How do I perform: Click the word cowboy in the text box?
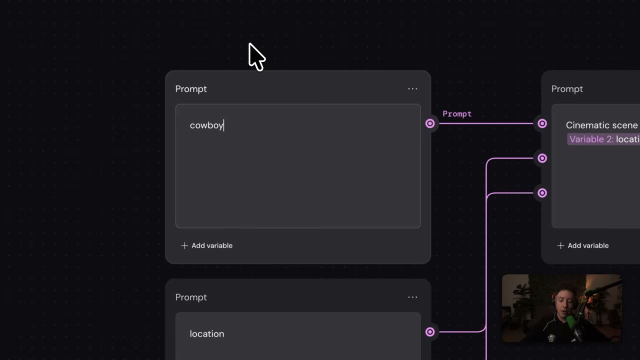click(x=206, y=125)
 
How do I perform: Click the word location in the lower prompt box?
click(x=207, y=333)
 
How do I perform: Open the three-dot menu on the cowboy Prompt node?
click(x=412, y=89)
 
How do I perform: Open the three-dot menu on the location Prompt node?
click(x=412, y=297)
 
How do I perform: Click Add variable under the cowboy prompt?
click(x=207, y=245)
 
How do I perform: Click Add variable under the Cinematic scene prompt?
click(x=583, y=245)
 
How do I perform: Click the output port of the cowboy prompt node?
click(x=429, y=123)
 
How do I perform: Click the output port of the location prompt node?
click(x=429, y=331)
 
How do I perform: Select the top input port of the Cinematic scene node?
click(x=542, y=123)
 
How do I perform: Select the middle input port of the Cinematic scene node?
click(x=542, y=158)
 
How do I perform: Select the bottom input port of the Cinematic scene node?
click(x=542, y=193)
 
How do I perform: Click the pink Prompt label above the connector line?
click(x=457, y=114)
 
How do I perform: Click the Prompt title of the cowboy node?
click(x=191, y=89)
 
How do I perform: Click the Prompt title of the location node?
click(x=191, y=297)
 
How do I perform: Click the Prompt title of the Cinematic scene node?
click(x=567, y=89)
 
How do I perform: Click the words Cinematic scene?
click(x=601, y=125)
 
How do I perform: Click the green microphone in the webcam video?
click(x=571, y=322)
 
